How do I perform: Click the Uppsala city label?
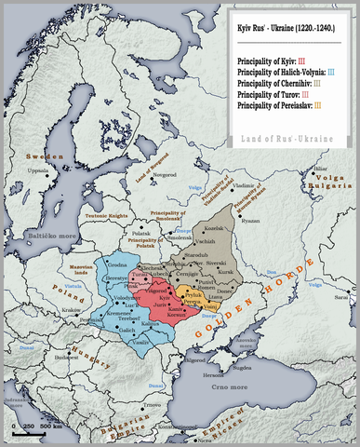pyautogui.click(x=38, y=171)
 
